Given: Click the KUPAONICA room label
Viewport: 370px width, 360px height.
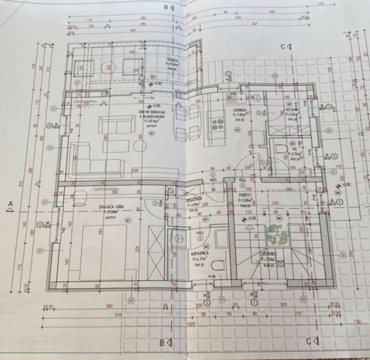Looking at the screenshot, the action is (x=201, y=253).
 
